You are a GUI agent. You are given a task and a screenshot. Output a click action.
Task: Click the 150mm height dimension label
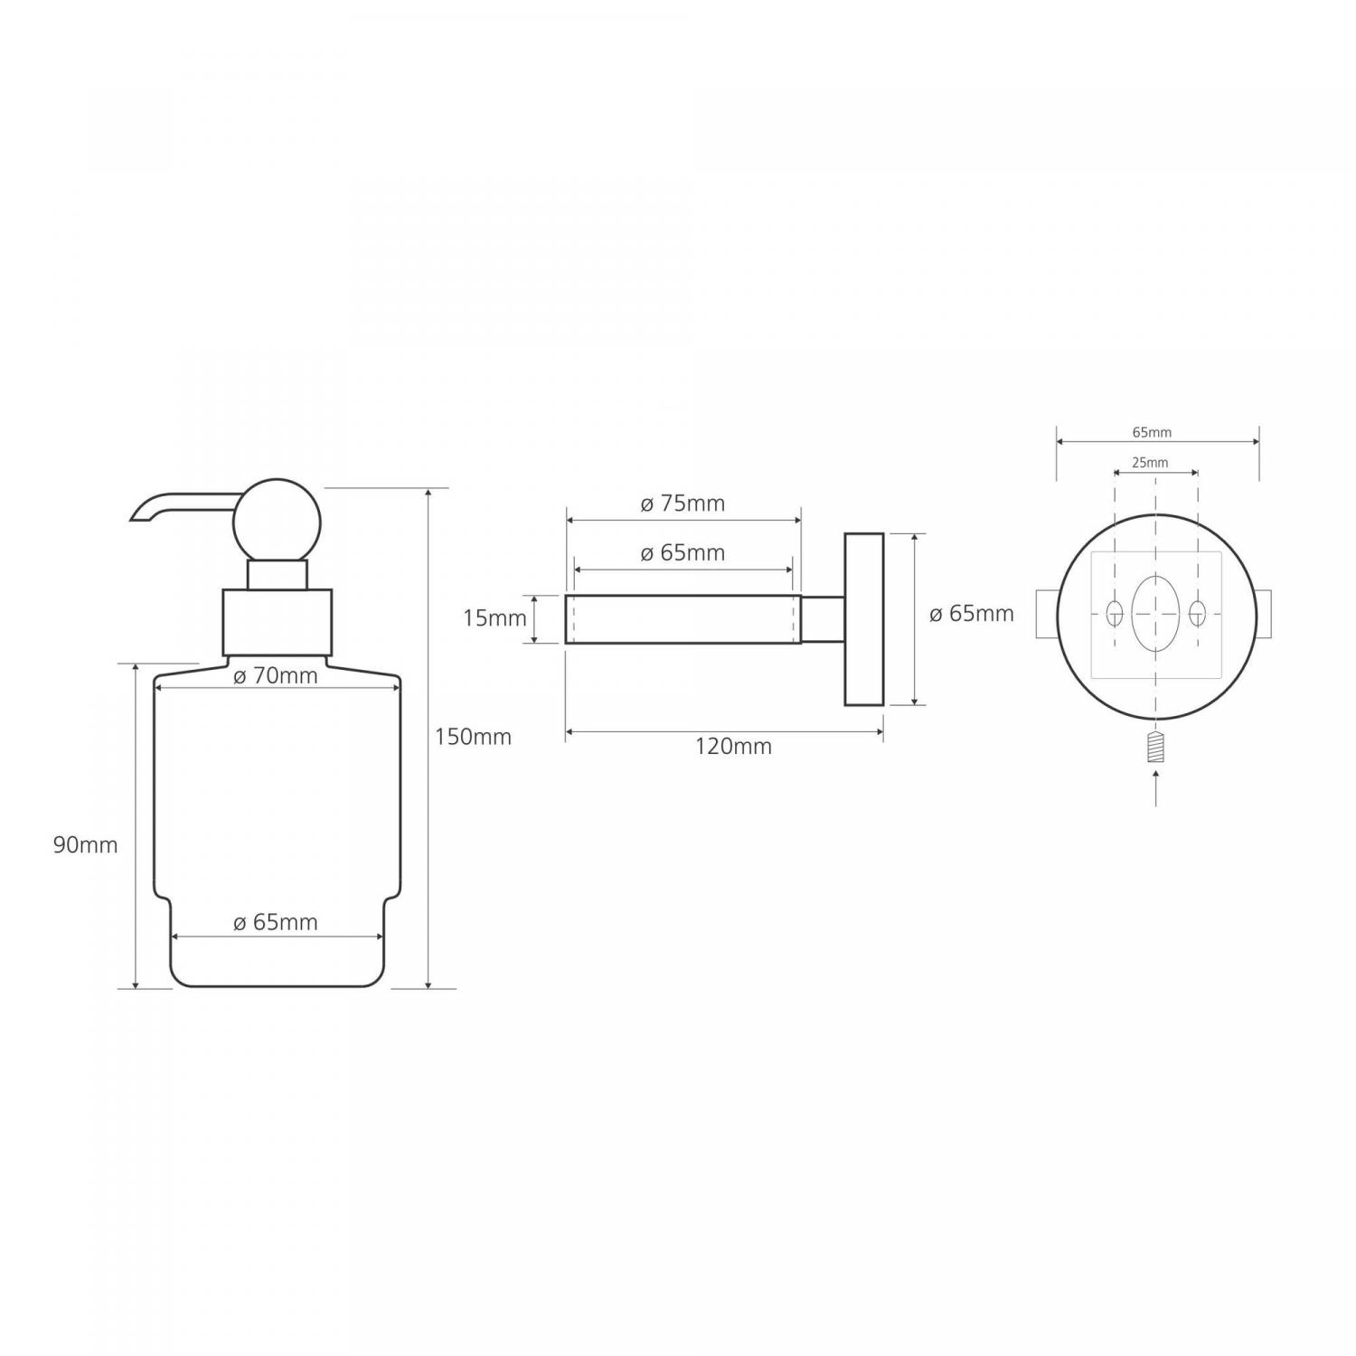[473, 737]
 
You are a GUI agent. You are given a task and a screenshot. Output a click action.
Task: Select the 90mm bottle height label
[86, 845]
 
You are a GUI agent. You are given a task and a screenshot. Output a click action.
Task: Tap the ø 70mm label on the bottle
[276, 675]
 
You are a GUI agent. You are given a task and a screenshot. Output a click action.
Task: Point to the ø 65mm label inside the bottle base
[276, 922]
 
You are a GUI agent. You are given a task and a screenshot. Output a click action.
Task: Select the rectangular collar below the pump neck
[278, 622]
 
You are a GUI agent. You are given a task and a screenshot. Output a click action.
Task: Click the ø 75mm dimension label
[683, 504]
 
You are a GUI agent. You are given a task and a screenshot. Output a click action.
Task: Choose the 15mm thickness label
[494, 618]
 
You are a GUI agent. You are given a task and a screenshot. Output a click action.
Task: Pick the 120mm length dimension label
[733, 746]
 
